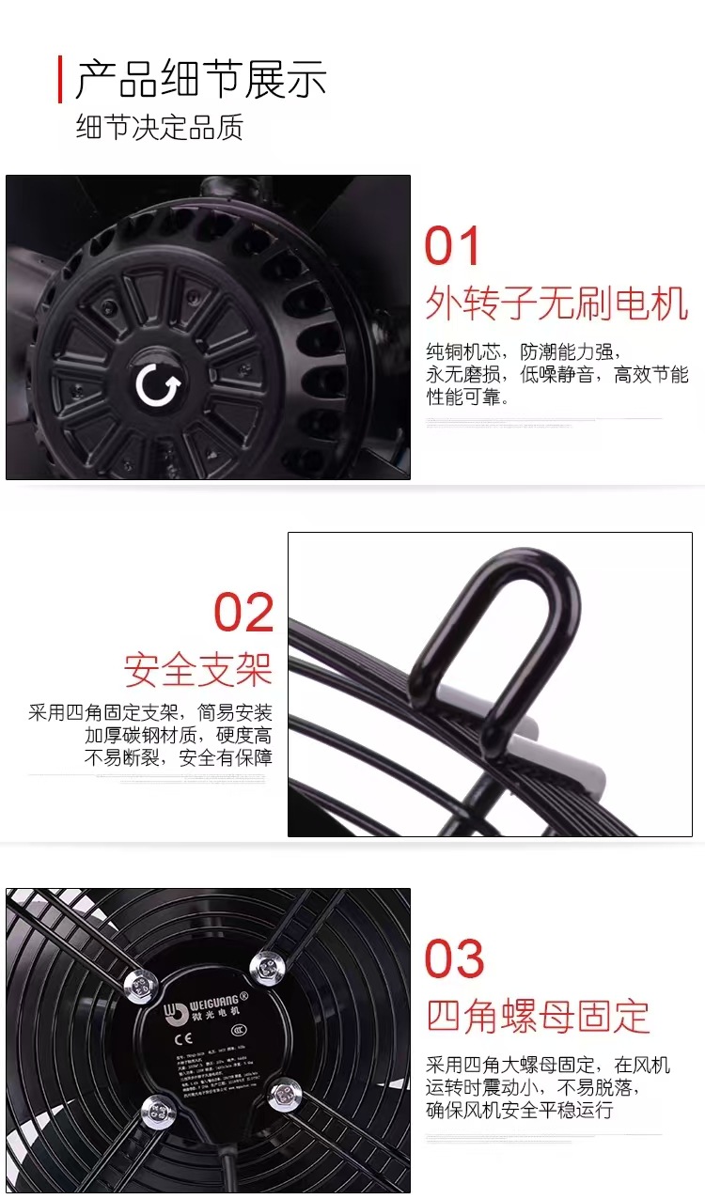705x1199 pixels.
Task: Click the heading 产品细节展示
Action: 200,79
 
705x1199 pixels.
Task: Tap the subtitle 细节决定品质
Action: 159,127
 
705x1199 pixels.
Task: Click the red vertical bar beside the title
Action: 60,79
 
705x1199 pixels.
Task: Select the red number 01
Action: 453,246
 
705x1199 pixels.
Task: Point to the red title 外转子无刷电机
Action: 556,304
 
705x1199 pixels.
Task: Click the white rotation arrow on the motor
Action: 153,385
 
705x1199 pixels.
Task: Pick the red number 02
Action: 243,613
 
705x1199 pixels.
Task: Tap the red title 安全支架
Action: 197,670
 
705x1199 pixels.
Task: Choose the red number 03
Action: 454,959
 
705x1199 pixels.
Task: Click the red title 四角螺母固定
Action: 538,1016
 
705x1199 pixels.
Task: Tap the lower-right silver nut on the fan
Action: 284,1094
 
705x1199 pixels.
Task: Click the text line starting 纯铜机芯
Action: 523,352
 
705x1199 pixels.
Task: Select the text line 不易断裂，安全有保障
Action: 178,757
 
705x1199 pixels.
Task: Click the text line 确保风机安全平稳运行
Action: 519,1110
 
